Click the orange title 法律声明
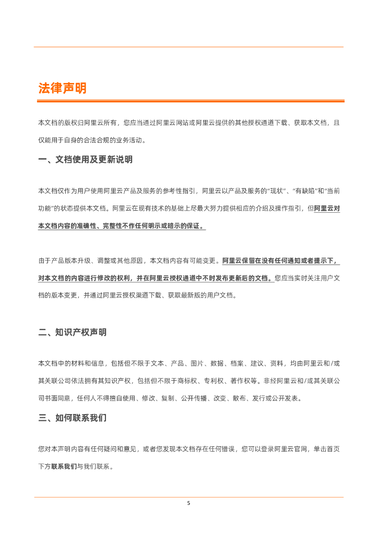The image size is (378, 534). tap(62, 88)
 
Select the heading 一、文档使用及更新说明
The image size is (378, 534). tap(85, 160)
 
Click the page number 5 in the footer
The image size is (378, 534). tap(189, 504)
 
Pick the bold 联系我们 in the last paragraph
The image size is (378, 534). tap(64, 467)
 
